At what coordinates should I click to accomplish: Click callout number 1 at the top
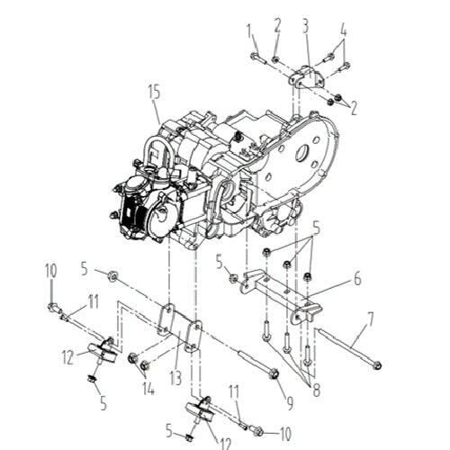click(x=249, y=32)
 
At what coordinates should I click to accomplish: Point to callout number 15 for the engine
click(x=154, y=90)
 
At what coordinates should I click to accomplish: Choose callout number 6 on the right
click(x=356, y=280)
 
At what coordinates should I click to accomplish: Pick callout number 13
click(x=175, y=377)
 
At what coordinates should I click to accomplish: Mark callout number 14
click(x=147, y=388)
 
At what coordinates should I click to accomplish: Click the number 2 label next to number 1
click(x=277, y=24)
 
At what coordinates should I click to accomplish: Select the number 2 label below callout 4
click(x=354, y=108)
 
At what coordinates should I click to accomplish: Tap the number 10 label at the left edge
click(x=50, y=269)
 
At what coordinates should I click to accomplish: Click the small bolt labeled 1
click(x=256, y=58)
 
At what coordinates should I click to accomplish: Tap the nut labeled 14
click(x=132, y=361)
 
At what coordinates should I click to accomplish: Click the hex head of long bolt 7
click(x=377, y=365)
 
